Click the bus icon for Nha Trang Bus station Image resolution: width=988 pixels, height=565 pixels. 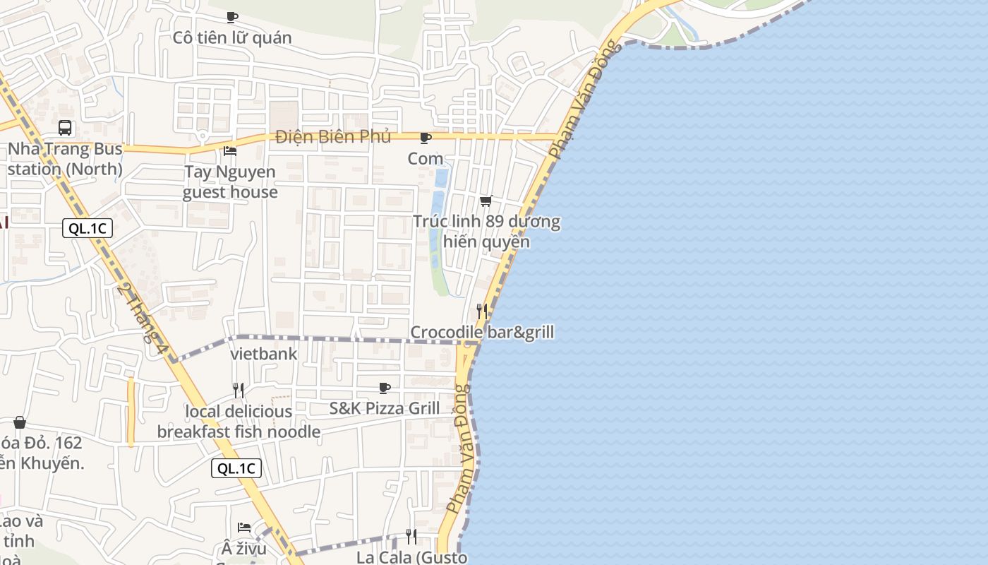[x=65, y=128]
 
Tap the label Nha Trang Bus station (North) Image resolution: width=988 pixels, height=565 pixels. [x=65, y=160]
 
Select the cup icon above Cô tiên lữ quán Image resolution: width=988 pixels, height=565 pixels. [x=232, y=17]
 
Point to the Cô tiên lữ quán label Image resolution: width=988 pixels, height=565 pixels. [x=232, y=37]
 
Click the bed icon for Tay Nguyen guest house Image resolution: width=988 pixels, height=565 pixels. [x=230, y=150]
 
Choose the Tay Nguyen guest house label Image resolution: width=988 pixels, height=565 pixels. [x=230, y=182]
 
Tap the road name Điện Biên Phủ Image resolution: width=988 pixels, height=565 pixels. [x=333, y=136]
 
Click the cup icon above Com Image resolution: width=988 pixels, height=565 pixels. [x=425, y=138]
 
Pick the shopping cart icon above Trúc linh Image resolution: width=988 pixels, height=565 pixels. [x=486, y=201]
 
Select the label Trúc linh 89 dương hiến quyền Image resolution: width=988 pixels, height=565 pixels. [x=486, y=232]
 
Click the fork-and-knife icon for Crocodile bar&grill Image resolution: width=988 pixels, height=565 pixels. [x=482, y=311]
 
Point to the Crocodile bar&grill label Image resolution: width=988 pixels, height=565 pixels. [x=482, y=332]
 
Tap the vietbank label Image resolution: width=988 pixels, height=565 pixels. [x=264, y=354]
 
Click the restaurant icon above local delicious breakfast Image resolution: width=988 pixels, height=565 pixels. [x=239, y=390]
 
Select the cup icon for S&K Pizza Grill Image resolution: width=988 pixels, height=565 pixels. [x=385, y=388]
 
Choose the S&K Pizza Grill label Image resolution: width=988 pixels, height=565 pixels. [x=385, y=408]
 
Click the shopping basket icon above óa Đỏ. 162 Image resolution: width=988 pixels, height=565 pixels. [x=20, y=422]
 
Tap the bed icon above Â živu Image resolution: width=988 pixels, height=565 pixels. [x=244, y=527]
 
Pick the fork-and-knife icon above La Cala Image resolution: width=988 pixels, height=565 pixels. [x=411, y=537]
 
